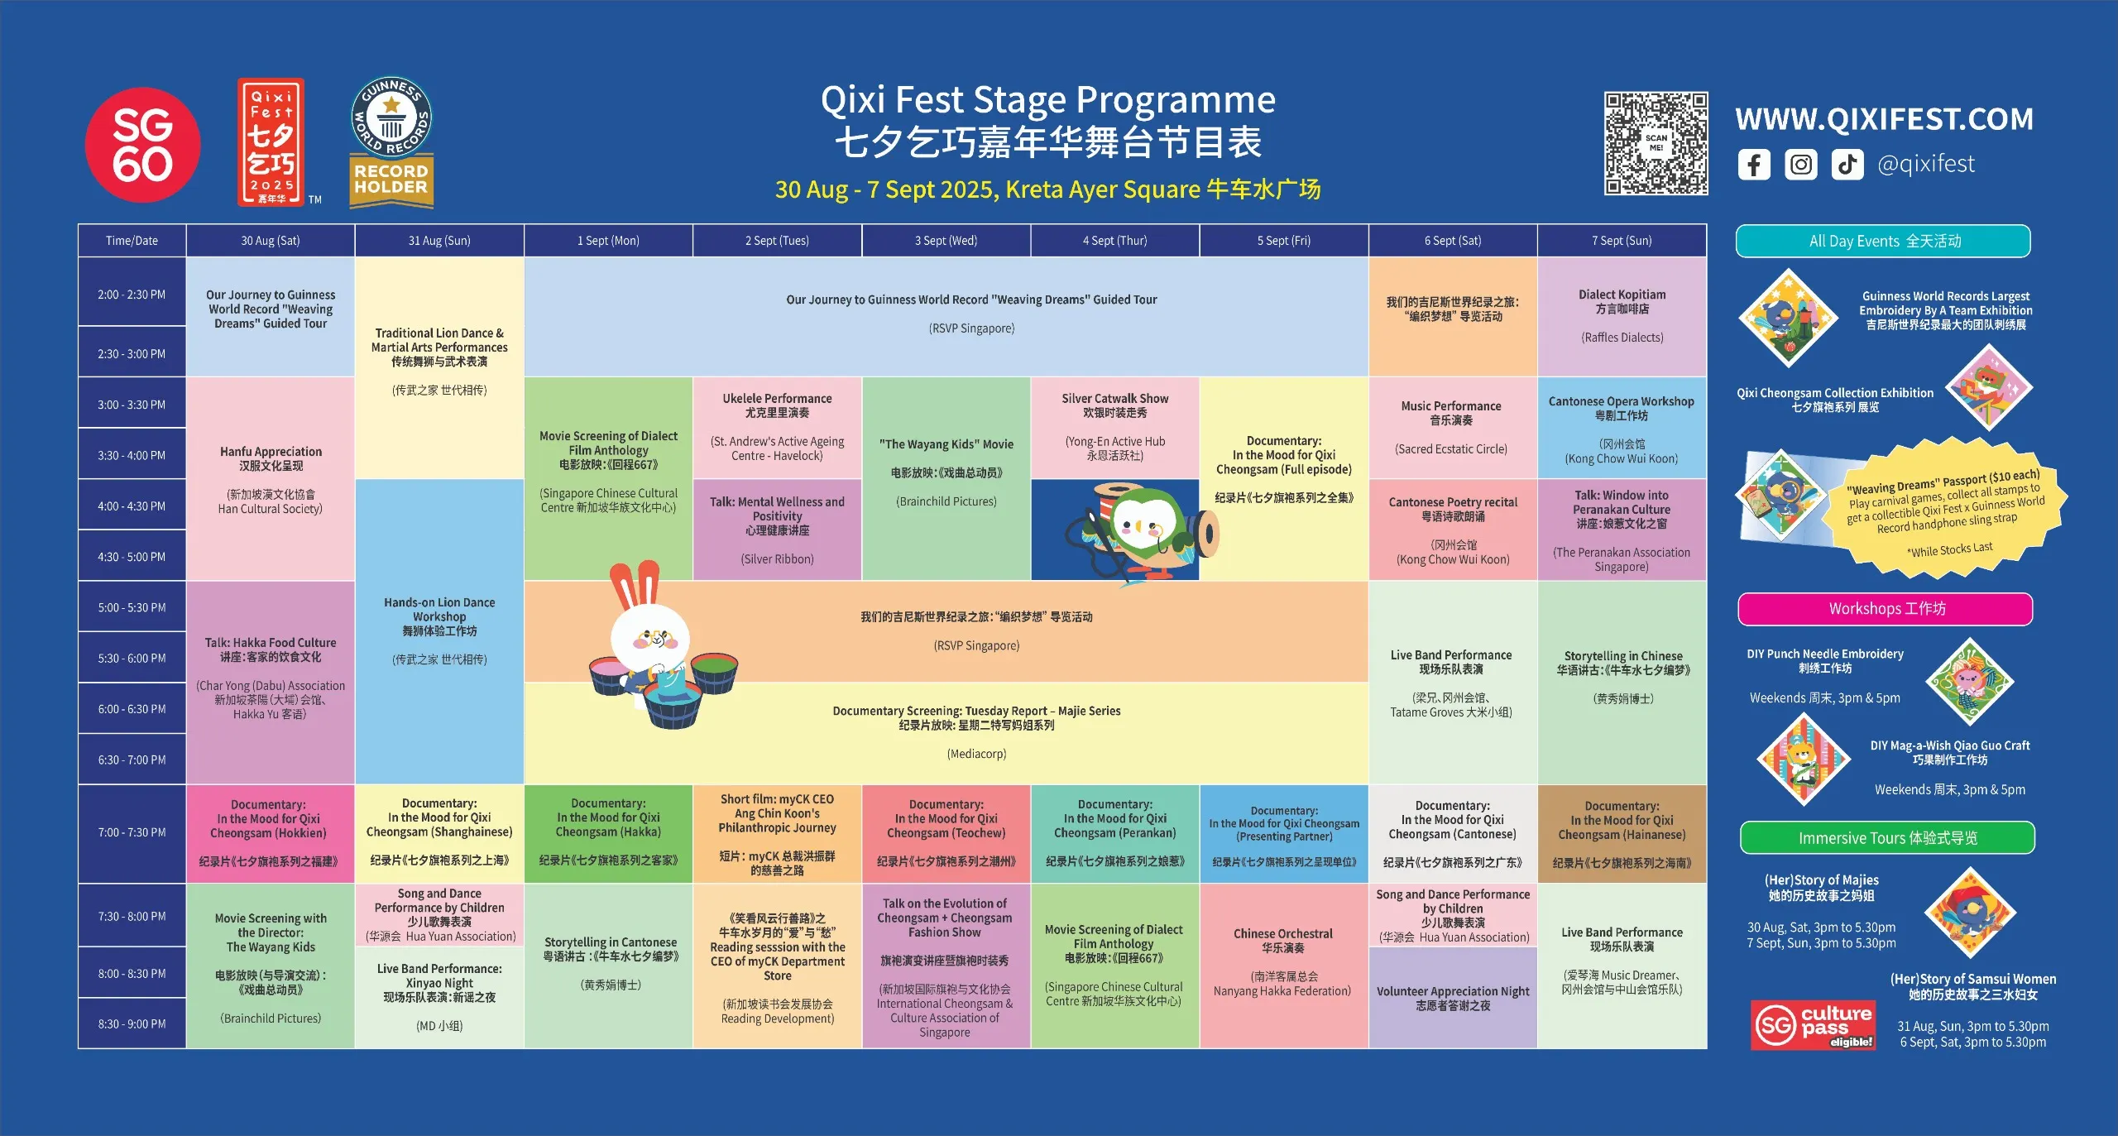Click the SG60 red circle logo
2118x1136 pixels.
pos(142,145)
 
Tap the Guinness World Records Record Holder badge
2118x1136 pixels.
pos(391,141)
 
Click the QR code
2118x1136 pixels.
pos(1656,143)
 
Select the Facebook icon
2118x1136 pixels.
pos(1754,165)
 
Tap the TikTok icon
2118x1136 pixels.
pos(1847,165)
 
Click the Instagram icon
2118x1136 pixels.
pos(1801,165)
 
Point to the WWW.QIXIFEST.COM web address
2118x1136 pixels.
pos(1884,119)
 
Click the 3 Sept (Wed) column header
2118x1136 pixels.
pos(946,241)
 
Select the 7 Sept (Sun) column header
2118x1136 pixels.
pos(1622,241)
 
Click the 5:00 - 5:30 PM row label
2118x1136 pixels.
pos(132,607)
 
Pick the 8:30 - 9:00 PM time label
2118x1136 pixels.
pos(132,1023)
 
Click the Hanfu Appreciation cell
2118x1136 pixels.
pos(271,479)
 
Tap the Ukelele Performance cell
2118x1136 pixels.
pos(777,428)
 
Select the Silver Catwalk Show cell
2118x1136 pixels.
pos(1114,428)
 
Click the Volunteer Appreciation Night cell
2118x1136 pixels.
pos(1453,998)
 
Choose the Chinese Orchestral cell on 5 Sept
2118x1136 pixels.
pos(1283,966)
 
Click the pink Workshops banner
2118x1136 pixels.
pos(1886,609)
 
